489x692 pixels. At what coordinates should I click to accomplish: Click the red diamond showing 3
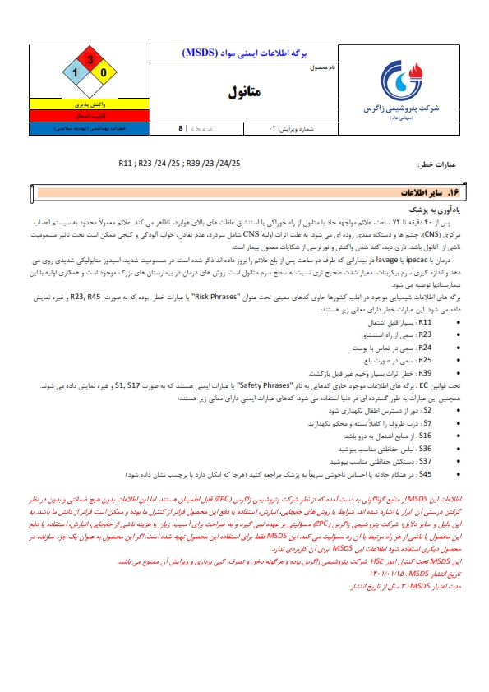tap(90, 60)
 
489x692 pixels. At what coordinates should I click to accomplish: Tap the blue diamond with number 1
tap(76, 74)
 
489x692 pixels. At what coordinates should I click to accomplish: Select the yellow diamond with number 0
tap(104, 74)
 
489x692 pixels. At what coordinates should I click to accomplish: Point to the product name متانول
tap(244, 93)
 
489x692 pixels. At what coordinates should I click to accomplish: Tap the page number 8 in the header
tap(181, 129)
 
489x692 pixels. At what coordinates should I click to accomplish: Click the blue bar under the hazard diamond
tap(90, 129)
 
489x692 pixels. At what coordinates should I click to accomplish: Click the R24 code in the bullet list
tap(424, 348)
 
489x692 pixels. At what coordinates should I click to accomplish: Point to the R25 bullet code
tap(424, 360)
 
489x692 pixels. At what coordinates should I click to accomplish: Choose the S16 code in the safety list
tap(425, 436)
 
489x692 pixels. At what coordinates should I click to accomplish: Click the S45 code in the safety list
tap(425, 474)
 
